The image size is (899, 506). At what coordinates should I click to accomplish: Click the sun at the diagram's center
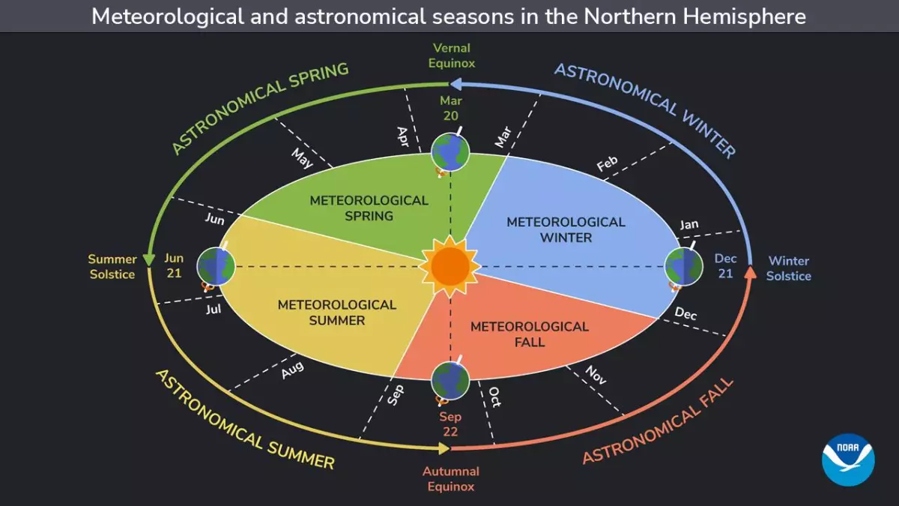click(x=449, y=265)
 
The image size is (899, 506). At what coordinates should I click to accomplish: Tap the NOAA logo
click(x=848, y=460)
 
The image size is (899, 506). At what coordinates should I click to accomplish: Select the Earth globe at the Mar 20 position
click(x=450, y=151)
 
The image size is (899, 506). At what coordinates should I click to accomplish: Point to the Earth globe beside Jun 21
click(x=217, y=266)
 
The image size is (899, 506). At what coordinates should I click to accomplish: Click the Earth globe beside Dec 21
click(x=684, y=267)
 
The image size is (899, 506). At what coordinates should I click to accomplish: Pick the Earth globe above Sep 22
click(x=450, y=380)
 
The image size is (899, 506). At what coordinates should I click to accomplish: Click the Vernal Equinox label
click(x=452, y=56)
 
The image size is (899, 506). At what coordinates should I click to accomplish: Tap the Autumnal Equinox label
click(x=451, y=479)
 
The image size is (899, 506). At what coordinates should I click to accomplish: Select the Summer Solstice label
click(x=112, y=267)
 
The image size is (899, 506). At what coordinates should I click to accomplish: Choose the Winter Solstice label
click(x=788, y=268)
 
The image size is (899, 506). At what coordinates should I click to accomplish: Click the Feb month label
click(x=607, y=163)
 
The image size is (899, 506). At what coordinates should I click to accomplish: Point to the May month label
click(x=302, y=158)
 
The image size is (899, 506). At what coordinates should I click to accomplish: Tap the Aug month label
click(x=292, y=370)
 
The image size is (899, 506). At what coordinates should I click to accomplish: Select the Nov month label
click(x=596, y=375)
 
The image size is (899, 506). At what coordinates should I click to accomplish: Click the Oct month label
click(x=495, y=397)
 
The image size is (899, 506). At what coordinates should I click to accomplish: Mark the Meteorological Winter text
click(x=566, y=229)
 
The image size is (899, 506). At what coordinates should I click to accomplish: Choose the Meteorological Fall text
click(x=530, y=334)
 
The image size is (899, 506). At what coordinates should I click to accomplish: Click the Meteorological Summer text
click(x=336, y=313)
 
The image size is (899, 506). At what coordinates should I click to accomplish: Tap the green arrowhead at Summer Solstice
click(x=150, y=259)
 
